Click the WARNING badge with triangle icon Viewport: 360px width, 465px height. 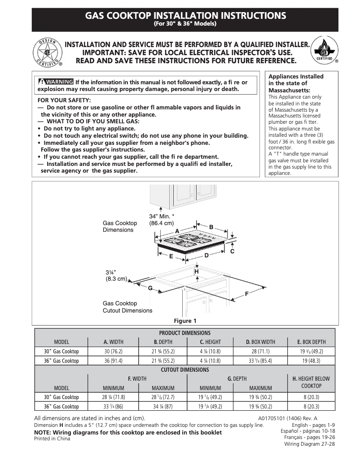[x=56, y=82]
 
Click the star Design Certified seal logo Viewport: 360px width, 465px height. [x=47, y=53]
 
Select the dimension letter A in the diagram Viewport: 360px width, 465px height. [x=177, y=230]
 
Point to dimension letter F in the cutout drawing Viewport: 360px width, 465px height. [x=246, y=294]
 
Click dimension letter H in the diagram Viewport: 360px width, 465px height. [x=196, y=272]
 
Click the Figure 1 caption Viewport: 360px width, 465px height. [x=185, y=321]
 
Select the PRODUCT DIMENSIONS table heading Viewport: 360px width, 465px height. [x=184, y=333]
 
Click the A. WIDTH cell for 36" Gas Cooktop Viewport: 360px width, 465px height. [x=113, y=361]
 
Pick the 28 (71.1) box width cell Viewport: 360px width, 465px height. [x=260, y=351]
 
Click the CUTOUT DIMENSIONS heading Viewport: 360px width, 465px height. [x=184, y=369]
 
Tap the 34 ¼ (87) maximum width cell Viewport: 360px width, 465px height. [x=162, y=406]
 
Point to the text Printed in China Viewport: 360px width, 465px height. [x=52, y=439]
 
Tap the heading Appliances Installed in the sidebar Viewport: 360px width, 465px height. [x=295, y=76]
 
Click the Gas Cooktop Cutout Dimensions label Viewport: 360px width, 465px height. [x=127, y=307]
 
